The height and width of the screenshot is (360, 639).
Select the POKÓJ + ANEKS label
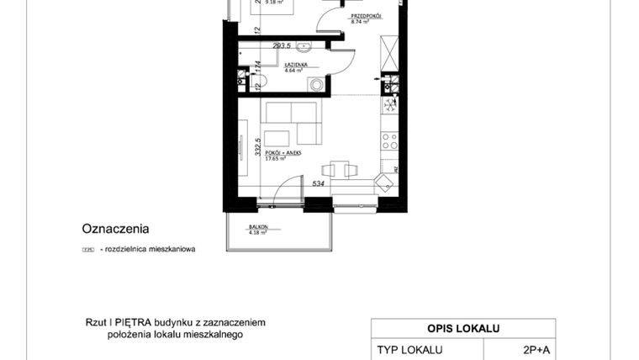click(283, 153)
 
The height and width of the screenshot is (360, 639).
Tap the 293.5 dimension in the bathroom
click(282, 47)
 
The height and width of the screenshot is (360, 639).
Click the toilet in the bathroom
click(259, 82)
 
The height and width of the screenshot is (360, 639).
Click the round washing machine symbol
click(316, 84)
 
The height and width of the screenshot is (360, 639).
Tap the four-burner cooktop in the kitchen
click(390, 105)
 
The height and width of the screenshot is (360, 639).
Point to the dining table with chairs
click(341, 171)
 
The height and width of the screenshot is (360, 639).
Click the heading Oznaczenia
click(115, 228)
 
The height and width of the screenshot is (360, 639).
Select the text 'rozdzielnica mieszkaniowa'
click(147, 249)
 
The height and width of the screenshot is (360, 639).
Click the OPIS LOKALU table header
click(463, 328)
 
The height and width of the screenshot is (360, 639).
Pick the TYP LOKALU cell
click(410, 350)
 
